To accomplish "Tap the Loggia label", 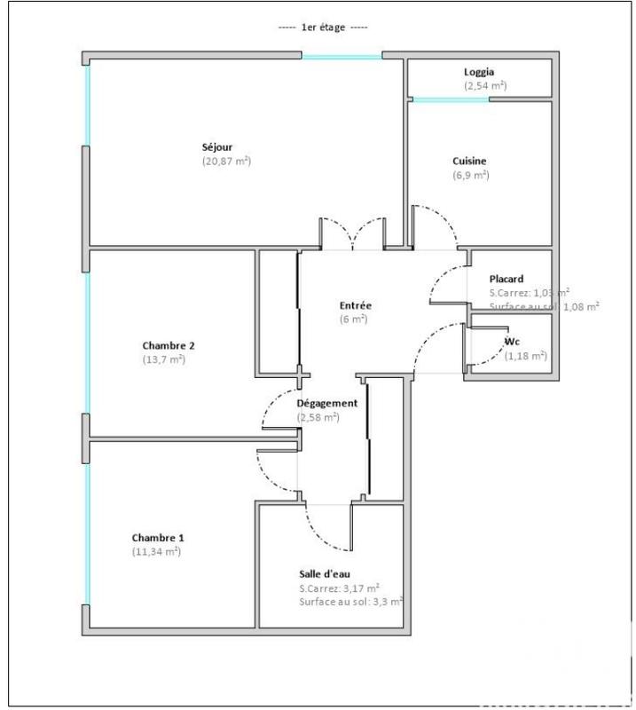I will coord(479,72).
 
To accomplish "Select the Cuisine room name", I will coord(469,161).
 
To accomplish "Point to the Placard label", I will coord(506,279).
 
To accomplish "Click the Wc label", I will coord(512,342).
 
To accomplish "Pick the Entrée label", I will coord(354,304).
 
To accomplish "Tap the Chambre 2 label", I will coord(169,345).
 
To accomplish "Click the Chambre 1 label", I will coord(158,537).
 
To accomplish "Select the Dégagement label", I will coord(327,403).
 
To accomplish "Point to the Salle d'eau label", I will coord(325,574).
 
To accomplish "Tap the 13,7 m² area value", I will coord(164,359).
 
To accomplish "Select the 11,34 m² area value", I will coord(156,551).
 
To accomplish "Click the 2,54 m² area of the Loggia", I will coord(485,85).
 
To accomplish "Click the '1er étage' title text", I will coord(325,28).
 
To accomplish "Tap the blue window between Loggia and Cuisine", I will coord(449,99).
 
